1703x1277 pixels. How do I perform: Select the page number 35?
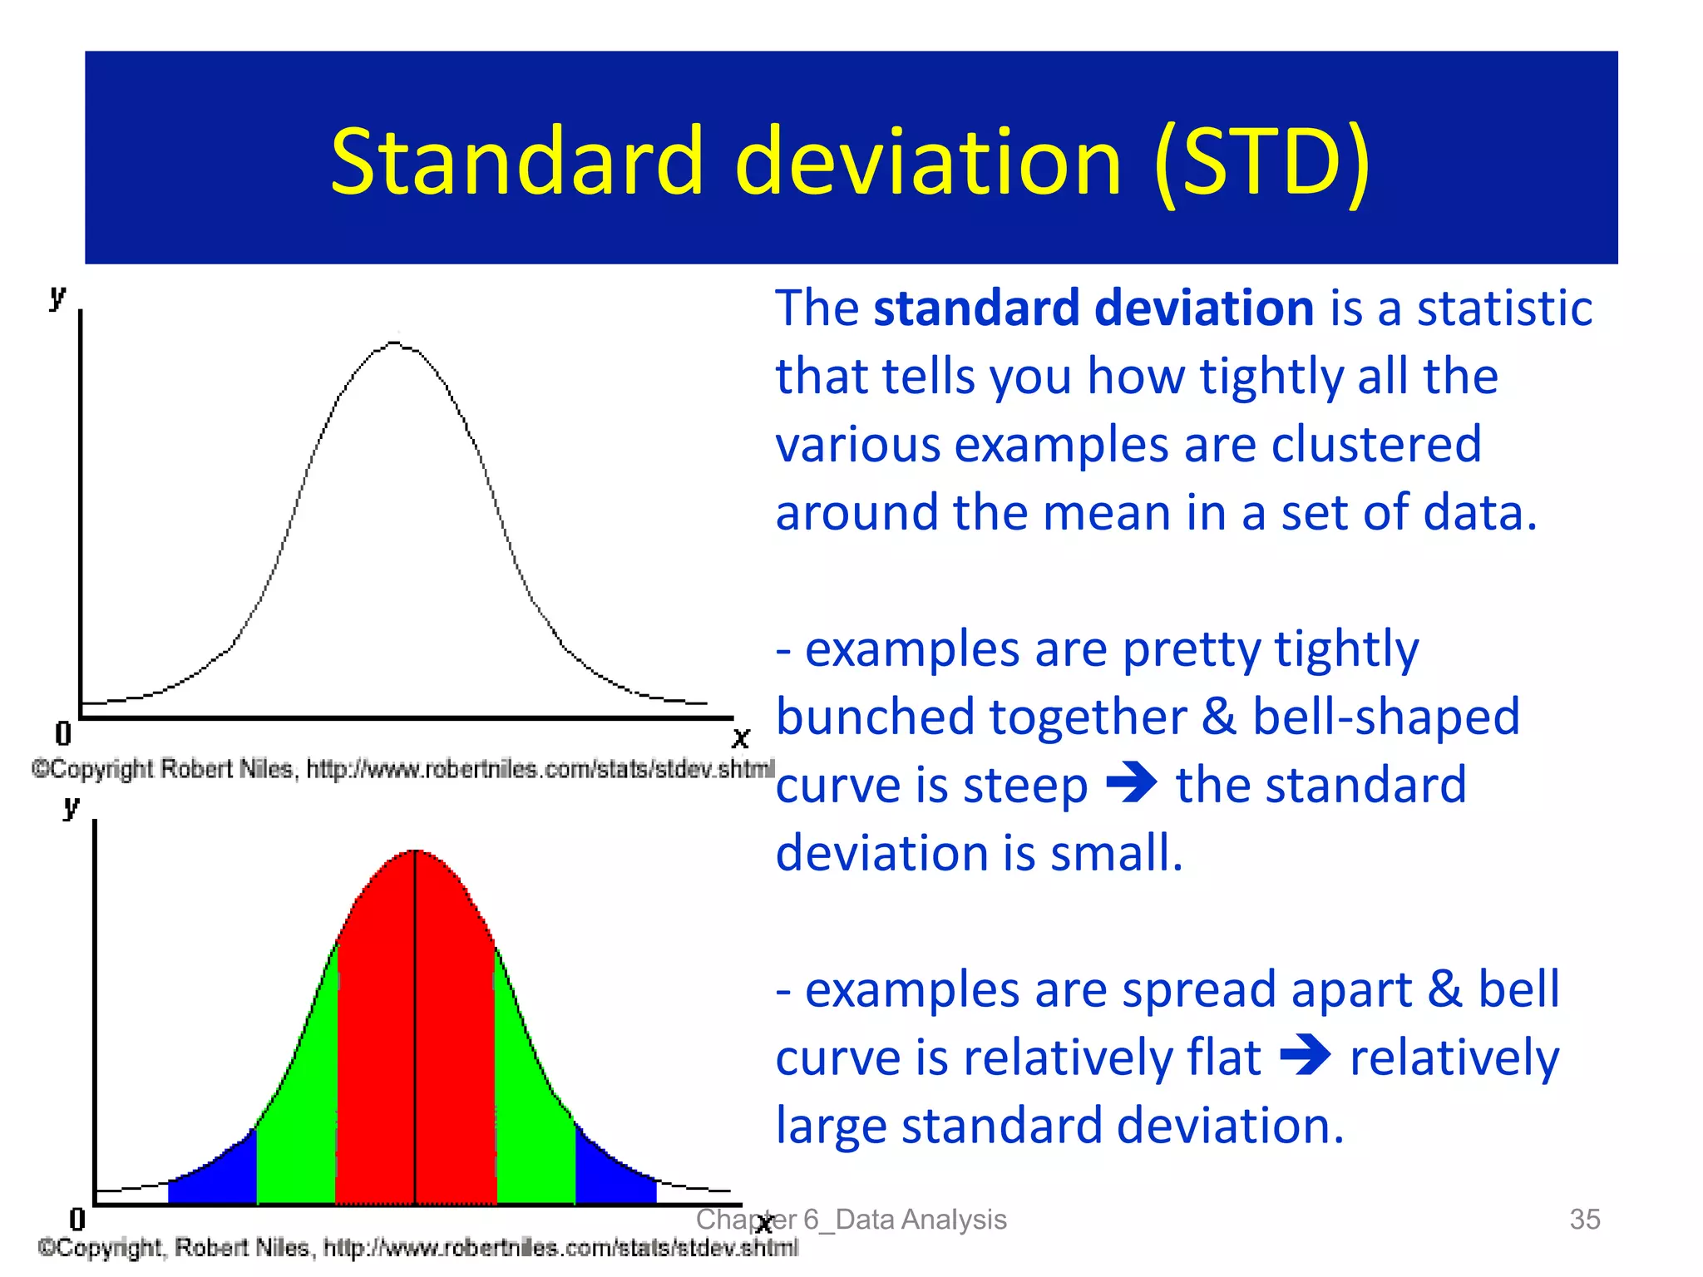point(1584,1219)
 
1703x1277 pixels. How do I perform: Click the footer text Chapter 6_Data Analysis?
point(851,1219)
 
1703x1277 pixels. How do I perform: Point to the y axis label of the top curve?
point(57,295)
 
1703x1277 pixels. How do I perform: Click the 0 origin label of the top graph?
point(63,733)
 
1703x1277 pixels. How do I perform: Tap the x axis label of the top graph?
point(740,737)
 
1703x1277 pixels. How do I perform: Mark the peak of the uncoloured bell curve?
point(395,343)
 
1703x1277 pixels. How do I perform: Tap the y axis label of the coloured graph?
point(72,806)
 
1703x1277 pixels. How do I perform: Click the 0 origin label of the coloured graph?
point(77,1219)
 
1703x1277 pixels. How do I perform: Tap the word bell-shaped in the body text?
point(1385,717)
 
